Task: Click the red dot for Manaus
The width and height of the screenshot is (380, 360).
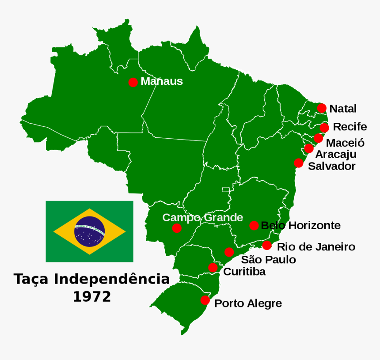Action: pyautogui.click(x=133, y=82)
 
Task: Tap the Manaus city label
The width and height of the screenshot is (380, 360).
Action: pyautogui.click(x=162, y=82)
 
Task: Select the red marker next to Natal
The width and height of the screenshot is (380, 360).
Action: pyautogui.click(x=322, y=108)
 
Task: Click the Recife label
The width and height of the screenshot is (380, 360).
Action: pyautogui.click(x=350, y=127)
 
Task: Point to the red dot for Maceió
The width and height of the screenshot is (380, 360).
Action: pyautogui.click(x=318, y=138)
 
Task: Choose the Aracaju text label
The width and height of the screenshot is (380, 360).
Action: pyautogui.click(x=336, y=155)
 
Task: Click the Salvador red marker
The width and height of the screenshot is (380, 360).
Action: pyautogui.click(x=299, y=163)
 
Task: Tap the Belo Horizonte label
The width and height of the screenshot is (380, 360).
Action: pyautogui.click(x=301, y=226)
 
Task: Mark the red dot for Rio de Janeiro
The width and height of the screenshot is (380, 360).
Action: pyautogui.click(x=267, y=245)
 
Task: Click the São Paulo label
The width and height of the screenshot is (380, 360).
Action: pyautogui.click(x=268, y=260)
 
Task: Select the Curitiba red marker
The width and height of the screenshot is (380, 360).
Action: pyautogui.click(x=213, y=268)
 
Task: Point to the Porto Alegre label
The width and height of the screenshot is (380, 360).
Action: pyautogui.click(x=248, y=304)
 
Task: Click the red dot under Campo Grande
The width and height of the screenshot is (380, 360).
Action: pyautogui.click(x=177, y=228)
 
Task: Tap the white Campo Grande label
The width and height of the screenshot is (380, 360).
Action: pyautogui.click(x=203, y=217)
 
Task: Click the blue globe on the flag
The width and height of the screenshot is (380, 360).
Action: pyautogui.click(x=90, y=231)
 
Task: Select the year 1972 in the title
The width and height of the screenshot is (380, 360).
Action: pyautogui.click(x=92, y=296)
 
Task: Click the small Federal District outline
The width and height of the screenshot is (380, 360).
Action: pyautogui.click(x=226, y=189)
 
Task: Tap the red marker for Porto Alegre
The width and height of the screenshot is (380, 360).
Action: pyautogui.click(x=205, y=300)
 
